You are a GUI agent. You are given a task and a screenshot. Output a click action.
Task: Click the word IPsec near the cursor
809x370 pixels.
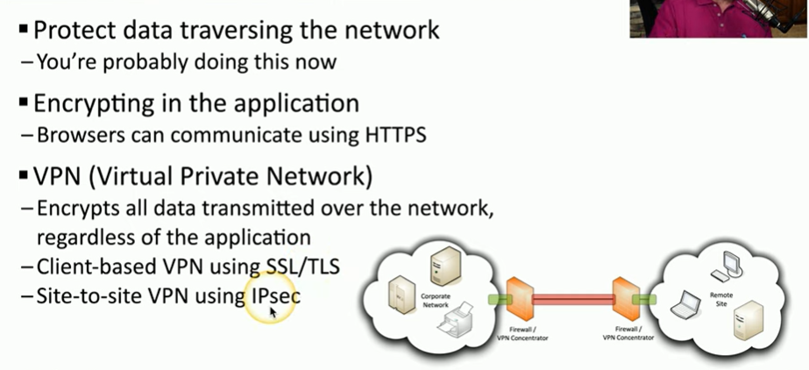pyautogui.click(x=275, y=296)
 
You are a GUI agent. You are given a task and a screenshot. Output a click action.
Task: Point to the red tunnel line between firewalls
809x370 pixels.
pyautogui.click(x=575, y=300)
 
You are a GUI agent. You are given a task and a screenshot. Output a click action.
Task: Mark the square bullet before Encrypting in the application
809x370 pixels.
pyautogui.click(x=23, y=103)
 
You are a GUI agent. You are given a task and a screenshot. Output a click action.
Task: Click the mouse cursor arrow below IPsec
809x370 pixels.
pyautogui.click(x=273, y=312)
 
